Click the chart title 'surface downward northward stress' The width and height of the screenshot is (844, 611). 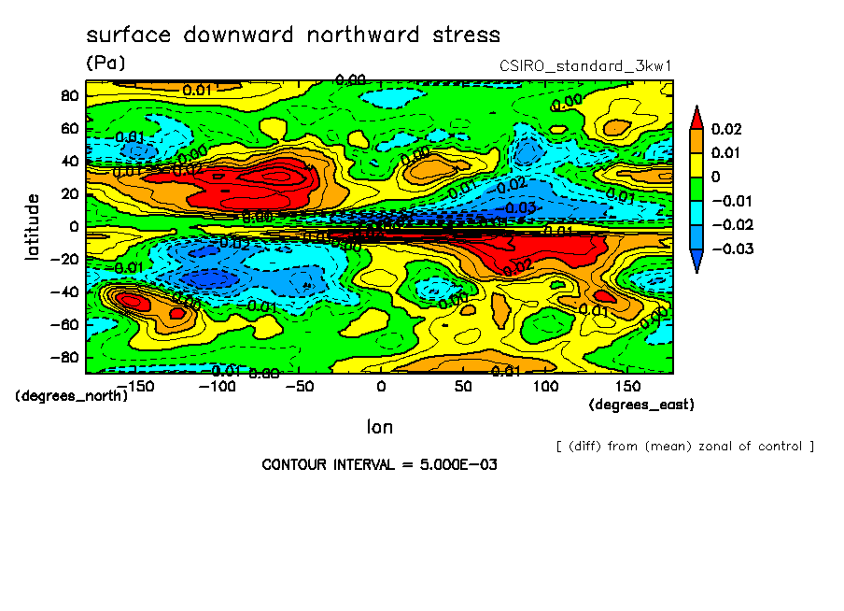(x=293, y=36)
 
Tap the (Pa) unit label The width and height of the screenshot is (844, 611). (x=105, y=64)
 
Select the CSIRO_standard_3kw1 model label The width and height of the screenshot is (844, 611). (x=586, y=65)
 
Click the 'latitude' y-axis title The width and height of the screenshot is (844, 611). (x=33, y=226)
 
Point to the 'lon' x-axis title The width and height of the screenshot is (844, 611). (x=379, y=427)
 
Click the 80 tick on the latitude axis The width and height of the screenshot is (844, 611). (x=69, y=96)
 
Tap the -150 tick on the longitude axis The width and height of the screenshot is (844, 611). (x=136, y=387)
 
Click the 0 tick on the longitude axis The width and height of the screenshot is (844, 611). (x=380, y=387)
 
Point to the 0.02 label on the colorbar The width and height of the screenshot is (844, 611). (x=728, y=128)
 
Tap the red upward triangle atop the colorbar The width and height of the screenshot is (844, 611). (x=696, y=116)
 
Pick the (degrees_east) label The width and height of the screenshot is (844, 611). (x=641, y=405)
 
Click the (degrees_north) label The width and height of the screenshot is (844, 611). (x=71, y=396)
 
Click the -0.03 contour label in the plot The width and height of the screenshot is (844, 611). (x=521, y=206)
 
